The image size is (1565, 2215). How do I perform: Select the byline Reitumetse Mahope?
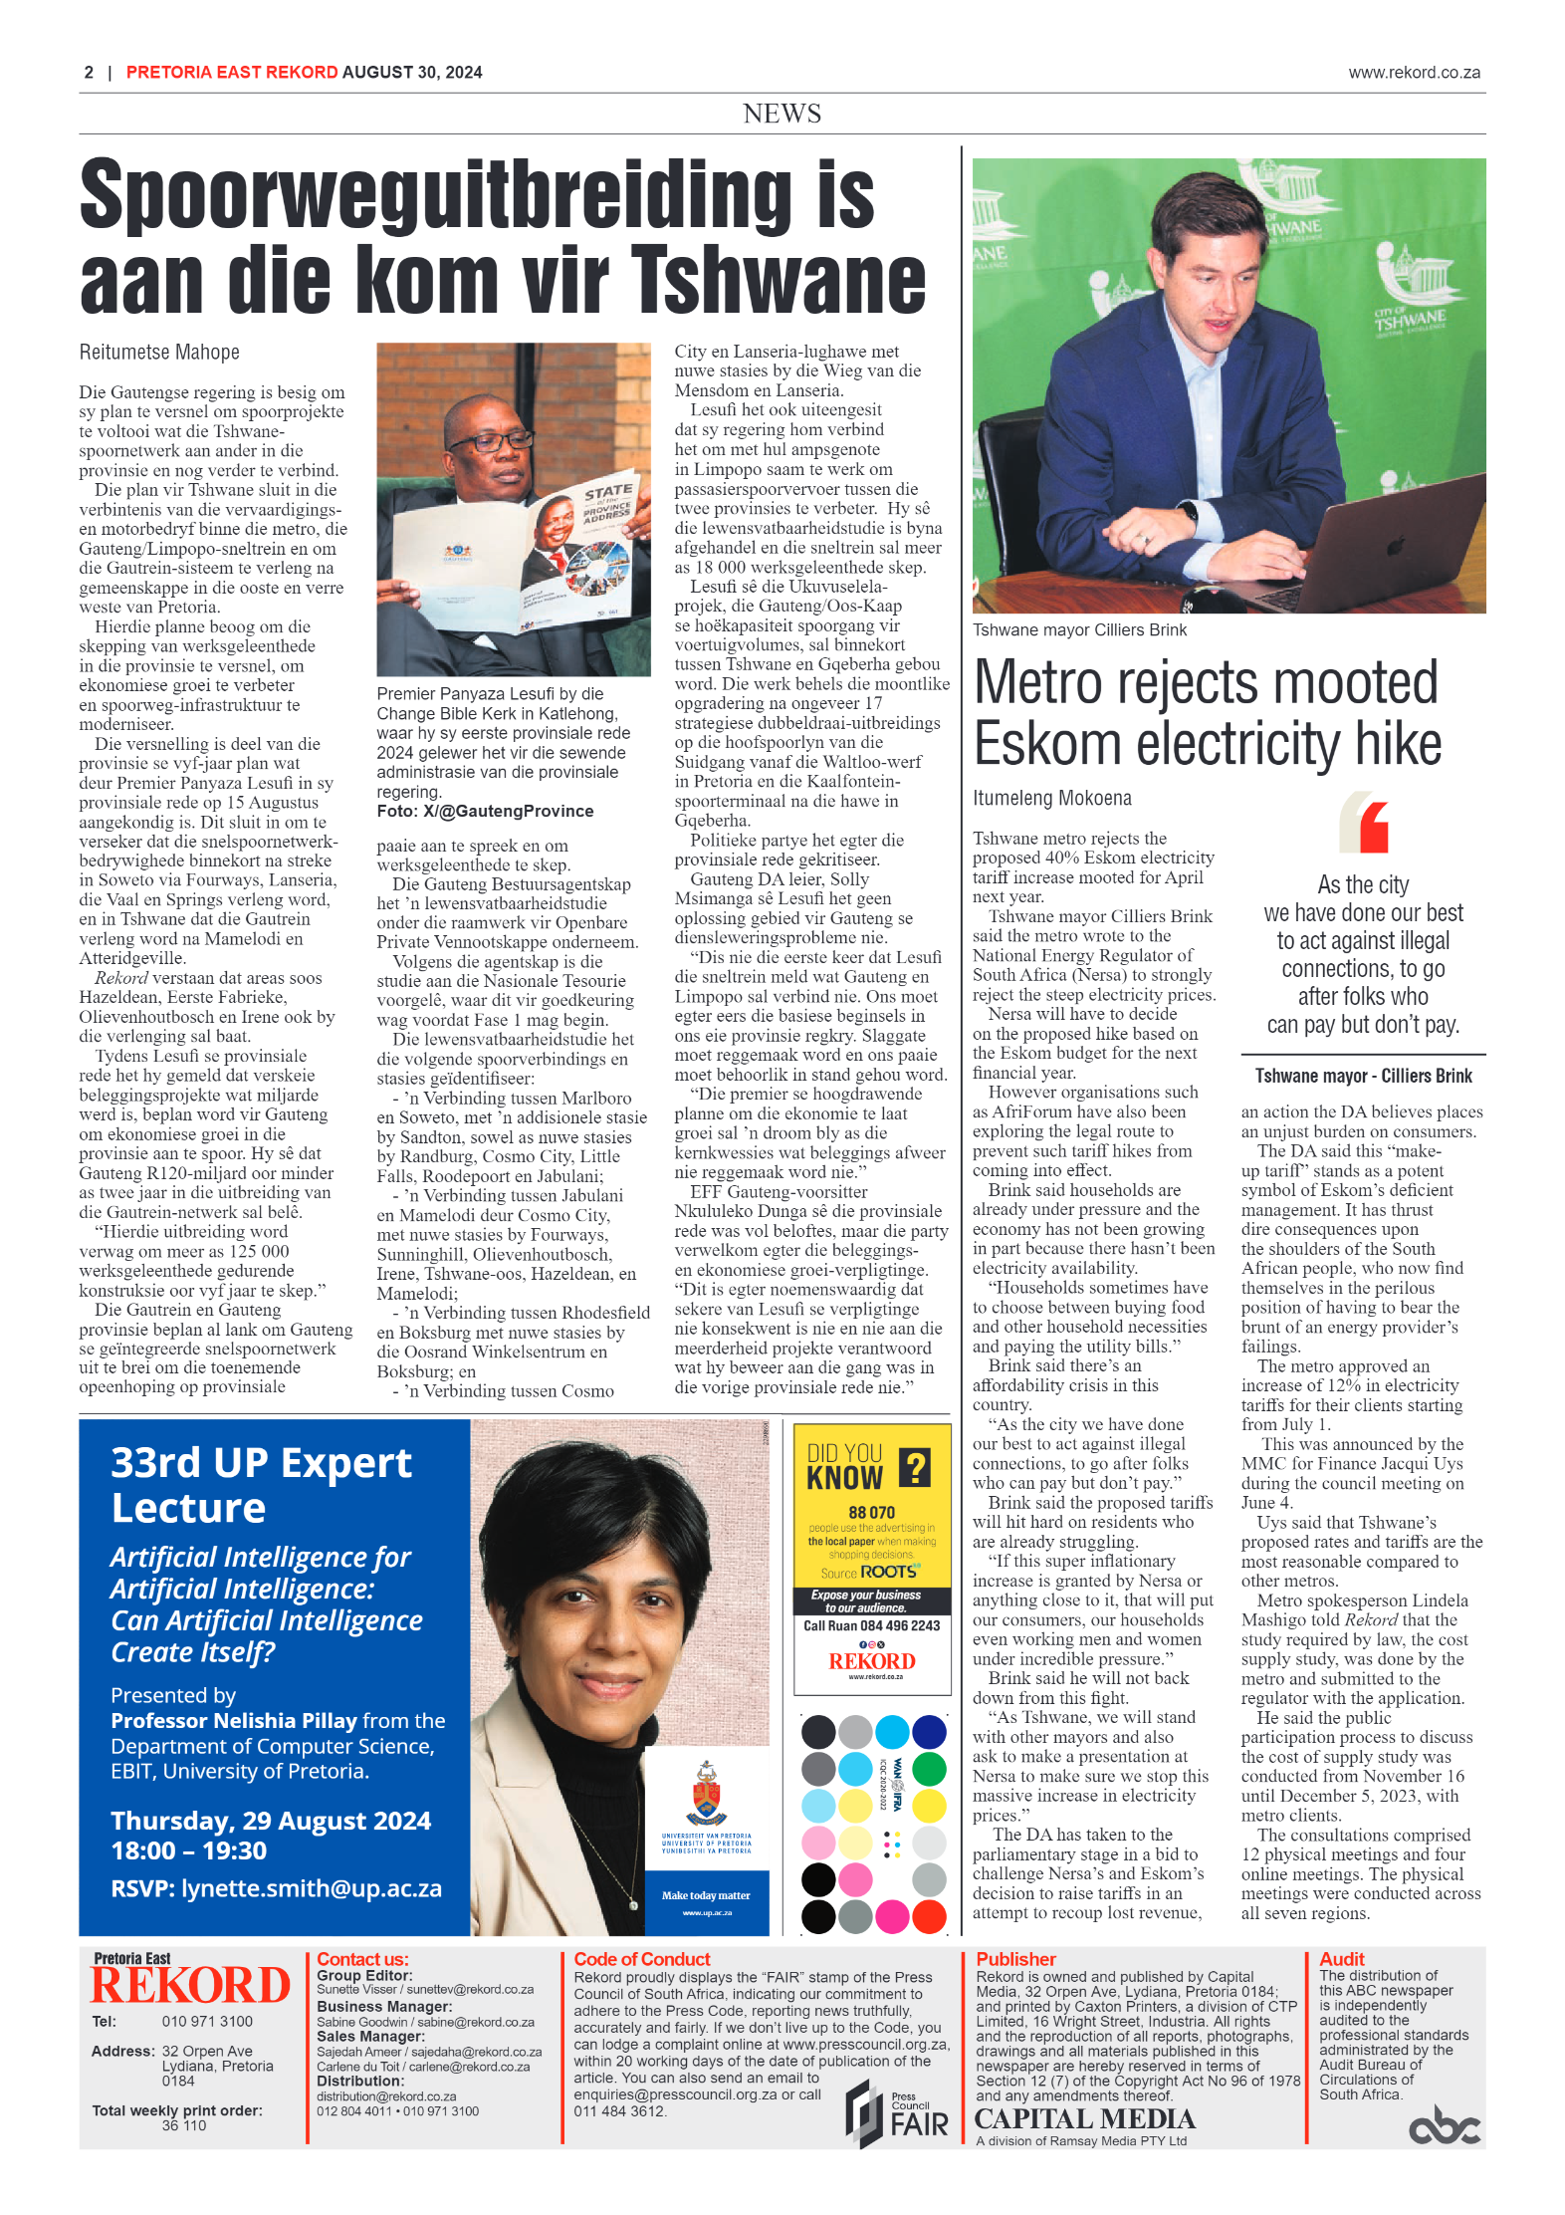[x=159, y=353]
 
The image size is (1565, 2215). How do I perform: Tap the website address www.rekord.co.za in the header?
[x=1414, y=73]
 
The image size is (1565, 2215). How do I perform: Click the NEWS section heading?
[x=782, y=114]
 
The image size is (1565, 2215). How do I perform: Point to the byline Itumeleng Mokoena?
[x=1051, y=799]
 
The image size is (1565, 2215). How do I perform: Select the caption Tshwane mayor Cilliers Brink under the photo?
[x=1079, y=630]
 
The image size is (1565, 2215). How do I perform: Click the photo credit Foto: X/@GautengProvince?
[x=485, y=812]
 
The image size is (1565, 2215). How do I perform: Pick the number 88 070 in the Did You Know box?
[x=871, y=1512]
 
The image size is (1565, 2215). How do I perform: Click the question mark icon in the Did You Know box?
[x=915, y=1467]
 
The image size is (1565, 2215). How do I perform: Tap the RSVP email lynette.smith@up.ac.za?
[x=312, y=1888]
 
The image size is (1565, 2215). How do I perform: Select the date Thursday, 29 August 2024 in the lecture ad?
[x=271, y=1821]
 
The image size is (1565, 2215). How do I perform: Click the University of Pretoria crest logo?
[x=706, y=1794]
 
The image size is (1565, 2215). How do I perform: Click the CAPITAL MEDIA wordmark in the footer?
[x=1084, y=2119]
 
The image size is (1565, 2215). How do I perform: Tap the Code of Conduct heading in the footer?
[x=642, y=1959]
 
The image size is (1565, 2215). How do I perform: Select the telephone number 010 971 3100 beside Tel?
[x=207, y=2021]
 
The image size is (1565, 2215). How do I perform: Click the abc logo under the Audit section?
[x=1445, y=2128]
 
